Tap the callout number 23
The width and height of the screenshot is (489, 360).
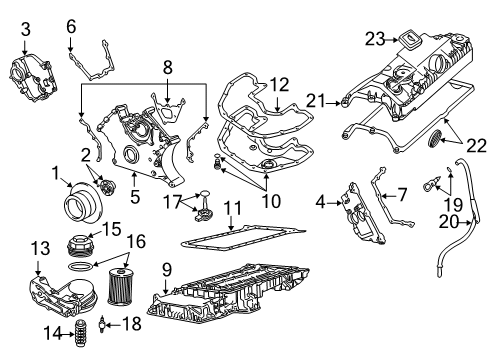(376, 40)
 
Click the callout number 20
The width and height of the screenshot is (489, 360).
(451, 223)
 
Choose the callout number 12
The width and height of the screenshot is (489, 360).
(278, 86)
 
